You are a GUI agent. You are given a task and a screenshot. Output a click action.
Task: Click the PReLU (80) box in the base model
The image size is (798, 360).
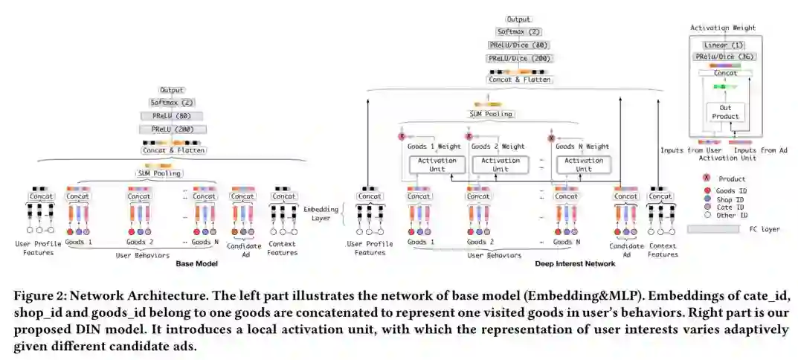point(173,116)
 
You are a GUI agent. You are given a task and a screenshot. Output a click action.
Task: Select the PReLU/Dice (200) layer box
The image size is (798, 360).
point(519,57)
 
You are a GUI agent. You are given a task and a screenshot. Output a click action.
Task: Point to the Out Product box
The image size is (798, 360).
point(725,112)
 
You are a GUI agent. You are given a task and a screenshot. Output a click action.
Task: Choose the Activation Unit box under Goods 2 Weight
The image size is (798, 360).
point(501,164)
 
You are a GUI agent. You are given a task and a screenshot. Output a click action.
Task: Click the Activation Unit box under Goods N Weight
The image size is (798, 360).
point(584,164)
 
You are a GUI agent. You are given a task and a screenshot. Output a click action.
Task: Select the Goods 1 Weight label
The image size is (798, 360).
point(434,147)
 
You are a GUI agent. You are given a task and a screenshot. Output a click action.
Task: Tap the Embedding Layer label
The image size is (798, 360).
point(321,213)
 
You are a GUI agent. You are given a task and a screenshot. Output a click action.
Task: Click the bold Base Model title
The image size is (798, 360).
point(196,263)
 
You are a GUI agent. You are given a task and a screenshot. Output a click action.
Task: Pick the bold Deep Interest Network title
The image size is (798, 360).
point(575,263)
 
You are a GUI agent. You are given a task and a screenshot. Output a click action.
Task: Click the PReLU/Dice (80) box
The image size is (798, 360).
point(519,45)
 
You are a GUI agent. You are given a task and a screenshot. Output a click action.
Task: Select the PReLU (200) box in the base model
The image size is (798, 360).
point(173,129)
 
